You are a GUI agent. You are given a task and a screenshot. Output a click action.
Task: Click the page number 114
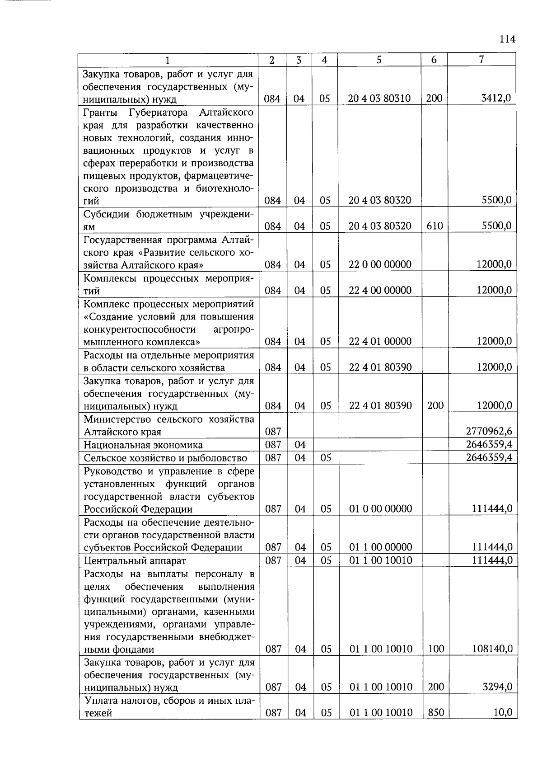click(507, 39)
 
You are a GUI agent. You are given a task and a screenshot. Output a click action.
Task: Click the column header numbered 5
click(379, 60)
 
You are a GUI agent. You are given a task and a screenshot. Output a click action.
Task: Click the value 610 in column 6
click(435, 226)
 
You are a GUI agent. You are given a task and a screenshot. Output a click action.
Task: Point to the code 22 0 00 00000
click(380, 264)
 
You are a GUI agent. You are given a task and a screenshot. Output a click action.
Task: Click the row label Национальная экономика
click(143, 445)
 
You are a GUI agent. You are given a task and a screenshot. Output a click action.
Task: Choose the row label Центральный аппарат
click(135, 561)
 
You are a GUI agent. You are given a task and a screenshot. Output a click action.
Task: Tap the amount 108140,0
click(492, 649)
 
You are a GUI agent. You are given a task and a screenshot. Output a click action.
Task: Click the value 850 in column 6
click(436, 713)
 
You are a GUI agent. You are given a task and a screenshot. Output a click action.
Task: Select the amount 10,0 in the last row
click(503, 713)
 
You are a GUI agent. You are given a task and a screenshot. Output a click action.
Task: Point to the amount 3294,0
click(497, 687)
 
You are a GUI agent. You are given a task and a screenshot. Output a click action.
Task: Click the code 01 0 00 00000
click(381, 509)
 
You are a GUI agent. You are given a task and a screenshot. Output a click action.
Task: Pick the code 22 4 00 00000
click(380, 290)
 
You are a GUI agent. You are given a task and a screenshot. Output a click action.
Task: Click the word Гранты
click(100, 112)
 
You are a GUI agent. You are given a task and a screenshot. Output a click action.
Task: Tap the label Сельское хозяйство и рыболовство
click(165, 458)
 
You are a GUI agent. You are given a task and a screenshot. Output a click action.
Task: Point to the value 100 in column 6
click(436, 649)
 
